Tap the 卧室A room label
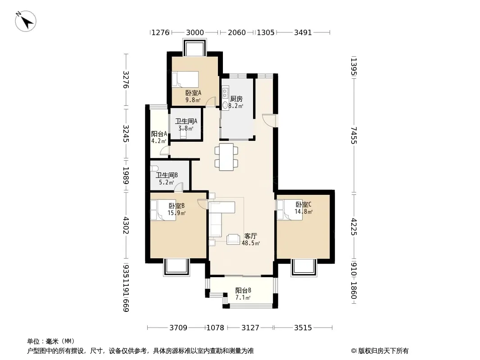click(x=193, y=93)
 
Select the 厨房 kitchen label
click(x=236, y=99)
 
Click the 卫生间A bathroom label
click(x=186, y=121)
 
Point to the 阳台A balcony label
click(x=159, y=134)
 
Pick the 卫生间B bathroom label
click(x=167, y=175)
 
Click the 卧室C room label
click(x=303, y=204)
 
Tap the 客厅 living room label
click(x=250, y=236)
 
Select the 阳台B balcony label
click(x=243, y=291)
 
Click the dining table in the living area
click(x=226, y=157)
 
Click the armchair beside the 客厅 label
click(x=233, y=239)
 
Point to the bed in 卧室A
click(x=185, y=80)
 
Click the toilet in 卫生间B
click(x=154, y=168)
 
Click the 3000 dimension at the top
click(x=195, y=32)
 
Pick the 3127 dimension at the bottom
click(x=250, y=328)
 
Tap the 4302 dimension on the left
click(x=126, y=225)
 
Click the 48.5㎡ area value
click(x=251, y=243)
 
